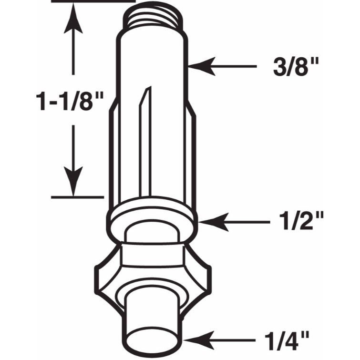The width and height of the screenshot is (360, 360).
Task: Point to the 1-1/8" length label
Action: click(70, 101)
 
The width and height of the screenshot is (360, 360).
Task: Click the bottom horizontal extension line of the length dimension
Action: click(76, 196)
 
